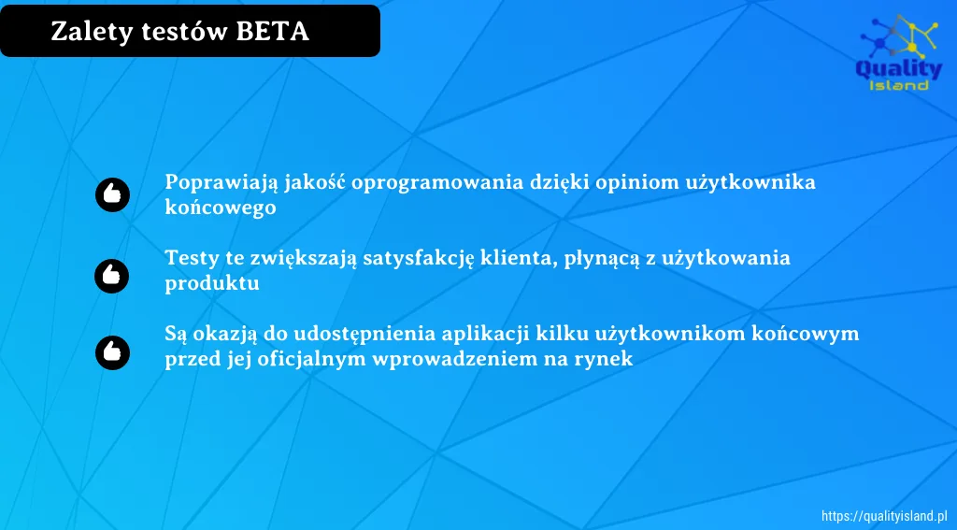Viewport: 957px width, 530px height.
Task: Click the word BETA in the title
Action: click(x=272, y=31)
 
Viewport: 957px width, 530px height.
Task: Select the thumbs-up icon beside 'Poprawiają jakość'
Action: click(x=112, y=194)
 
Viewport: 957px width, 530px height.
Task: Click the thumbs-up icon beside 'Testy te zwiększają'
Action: click(x=112, y=276)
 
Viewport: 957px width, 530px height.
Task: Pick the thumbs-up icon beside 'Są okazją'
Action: click(x=112, y=352)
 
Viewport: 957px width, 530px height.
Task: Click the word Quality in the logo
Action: click(x=899, y=69)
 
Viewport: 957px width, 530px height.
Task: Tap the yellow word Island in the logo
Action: click(x=899, y=85)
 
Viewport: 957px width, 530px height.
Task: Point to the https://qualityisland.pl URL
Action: click(x=884, y=516)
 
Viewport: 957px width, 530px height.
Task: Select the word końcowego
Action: click(x=221, y=208)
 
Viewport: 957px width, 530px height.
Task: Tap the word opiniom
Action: click(x=636, y=183)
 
